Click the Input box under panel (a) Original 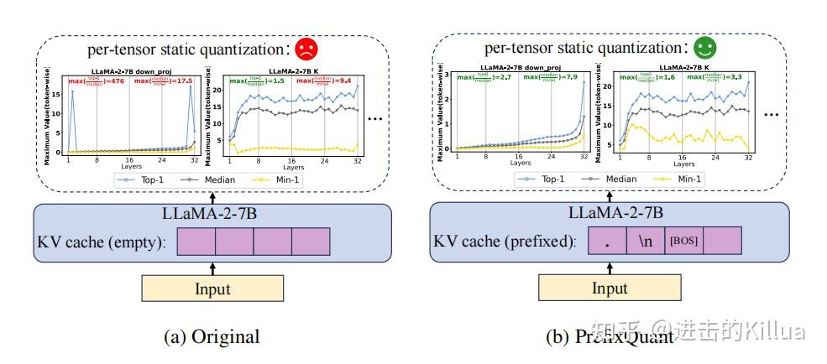click(213, 289)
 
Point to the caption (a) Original click(212, 337)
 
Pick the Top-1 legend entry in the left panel click(139, 179)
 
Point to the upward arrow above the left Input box click(213, 267)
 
